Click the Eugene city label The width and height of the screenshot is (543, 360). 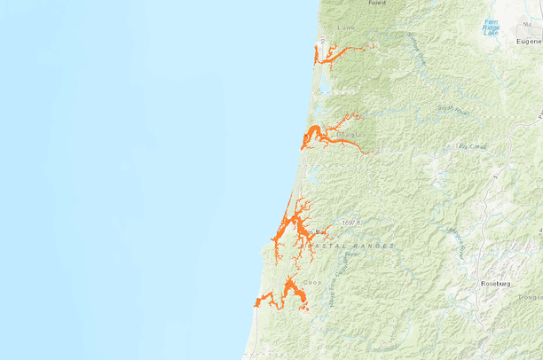(529, 41)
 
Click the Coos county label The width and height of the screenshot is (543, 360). (311, 283)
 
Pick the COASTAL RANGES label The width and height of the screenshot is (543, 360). (352, 245)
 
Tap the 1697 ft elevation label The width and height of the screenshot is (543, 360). (352, 223)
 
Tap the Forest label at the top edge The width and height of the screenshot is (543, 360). (377, 4)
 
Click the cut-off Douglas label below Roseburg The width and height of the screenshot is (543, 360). (531, 298)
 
